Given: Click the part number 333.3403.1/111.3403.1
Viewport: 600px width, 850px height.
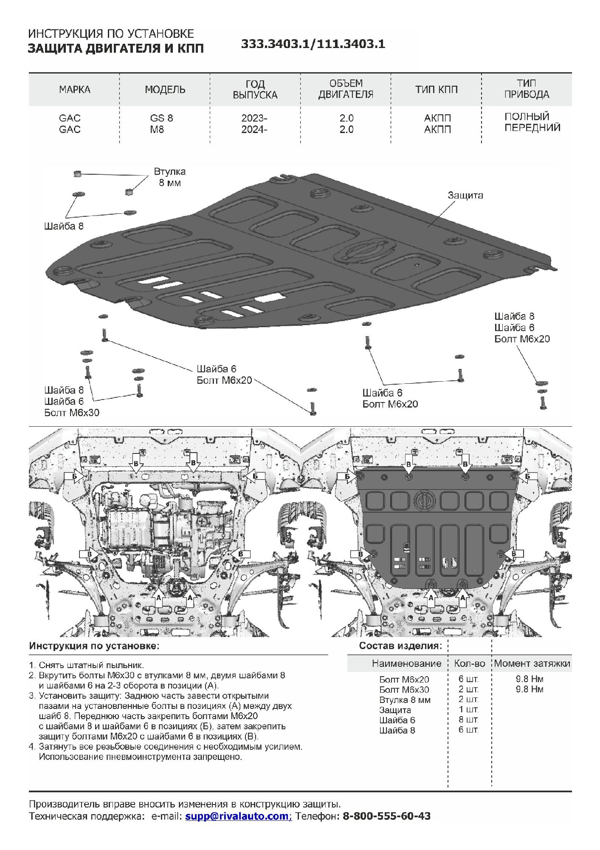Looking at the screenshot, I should click(x=313, y=44).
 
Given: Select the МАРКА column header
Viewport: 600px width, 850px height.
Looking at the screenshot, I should click(x=74, y=90).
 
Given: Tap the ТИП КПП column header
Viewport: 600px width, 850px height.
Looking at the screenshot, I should click(x=436, y=90).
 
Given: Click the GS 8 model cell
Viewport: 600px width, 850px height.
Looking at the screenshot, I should click(x=161, y=118).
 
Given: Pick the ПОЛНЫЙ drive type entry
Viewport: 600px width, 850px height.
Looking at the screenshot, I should click(x=527, y=116).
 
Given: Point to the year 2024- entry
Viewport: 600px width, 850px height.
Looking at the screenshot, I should click(x=254, y=130).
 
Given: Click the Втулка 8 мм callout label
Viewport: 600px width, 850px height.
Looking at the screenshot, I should click(x=169, y=177).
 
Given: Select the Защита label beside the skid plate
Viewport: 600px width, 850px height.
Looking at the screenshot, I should click(x=465, y=195).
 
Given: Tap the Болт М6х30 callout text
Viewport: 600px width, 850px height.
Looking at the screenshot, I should click(x=72, y=413).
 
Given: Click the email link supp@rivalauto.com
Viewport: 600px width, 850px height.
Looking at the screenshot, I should click(x=237, y=816).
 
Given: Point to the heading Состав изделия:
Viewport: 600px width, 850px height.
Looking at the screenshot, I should click(x=400, y=646).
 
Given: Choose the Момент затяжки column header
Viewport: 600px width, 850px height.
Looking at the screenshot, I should click(x=532, y=663).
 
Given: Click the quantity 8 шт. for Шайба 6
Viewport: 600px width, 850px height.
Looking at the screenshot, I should click(x=468, y=720).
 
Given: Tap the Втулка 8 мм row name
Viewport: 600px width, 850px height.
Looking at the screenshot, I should click(x=405, y=700).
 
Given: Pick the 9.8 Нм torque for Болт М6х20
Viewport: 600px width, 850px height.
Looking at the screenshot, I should click(x=529, y=679).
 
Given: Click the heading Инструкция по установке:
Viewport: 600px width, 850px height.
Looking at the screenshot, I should click(x=94, y=646).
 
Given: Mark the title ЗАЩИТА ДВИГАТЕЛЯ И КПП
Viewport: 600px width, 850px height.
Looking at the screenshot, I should click(x=116, y=48).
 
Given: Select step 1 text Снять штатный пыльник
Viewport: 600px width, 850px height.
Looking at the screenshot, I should click(x=91, y=665).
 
